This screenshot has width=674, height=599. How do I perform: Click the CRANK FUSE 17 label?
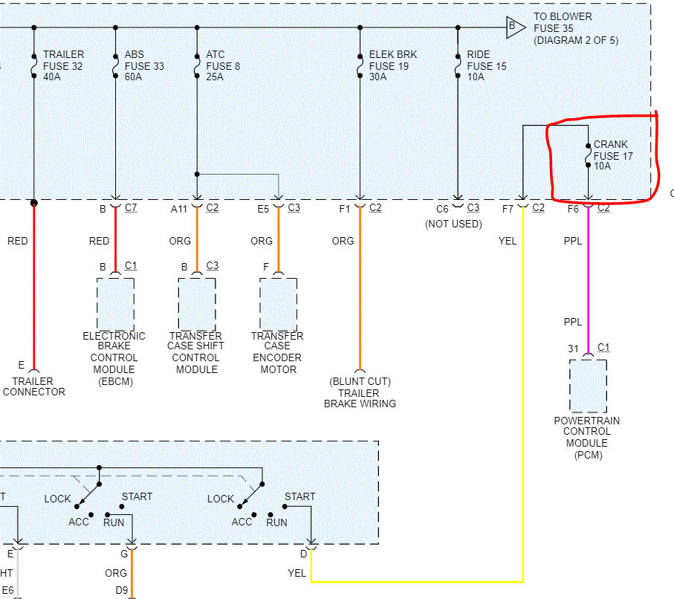point(610,155)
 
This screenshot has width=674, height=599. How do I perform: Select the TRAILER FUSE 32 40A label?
point(63,65)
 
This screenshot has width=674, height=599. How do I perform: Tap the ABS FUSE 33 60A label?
point(144,65)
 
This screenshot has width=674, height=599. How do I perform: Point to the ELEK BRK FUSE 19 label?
point(393,65)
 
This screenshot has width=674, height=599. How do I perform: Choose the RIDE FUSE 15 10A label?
point(486,65)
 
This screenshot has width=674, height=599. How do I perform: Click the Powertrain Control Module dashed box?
point(588,385)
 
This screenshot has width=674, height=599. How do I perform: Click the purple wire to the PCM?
point(588,282)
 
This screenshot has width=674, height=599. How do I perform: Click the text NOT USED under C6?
point(453,224)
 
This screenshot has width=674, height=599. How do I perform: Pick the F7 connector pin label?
point(508,209)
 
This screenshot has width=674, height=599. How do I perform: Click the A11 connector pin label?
point(179,209)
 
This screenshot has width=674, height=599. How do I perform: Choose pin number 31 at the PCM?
point(573,348)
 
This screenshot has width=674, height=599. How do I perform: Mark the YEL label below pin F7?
point(508,241)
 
